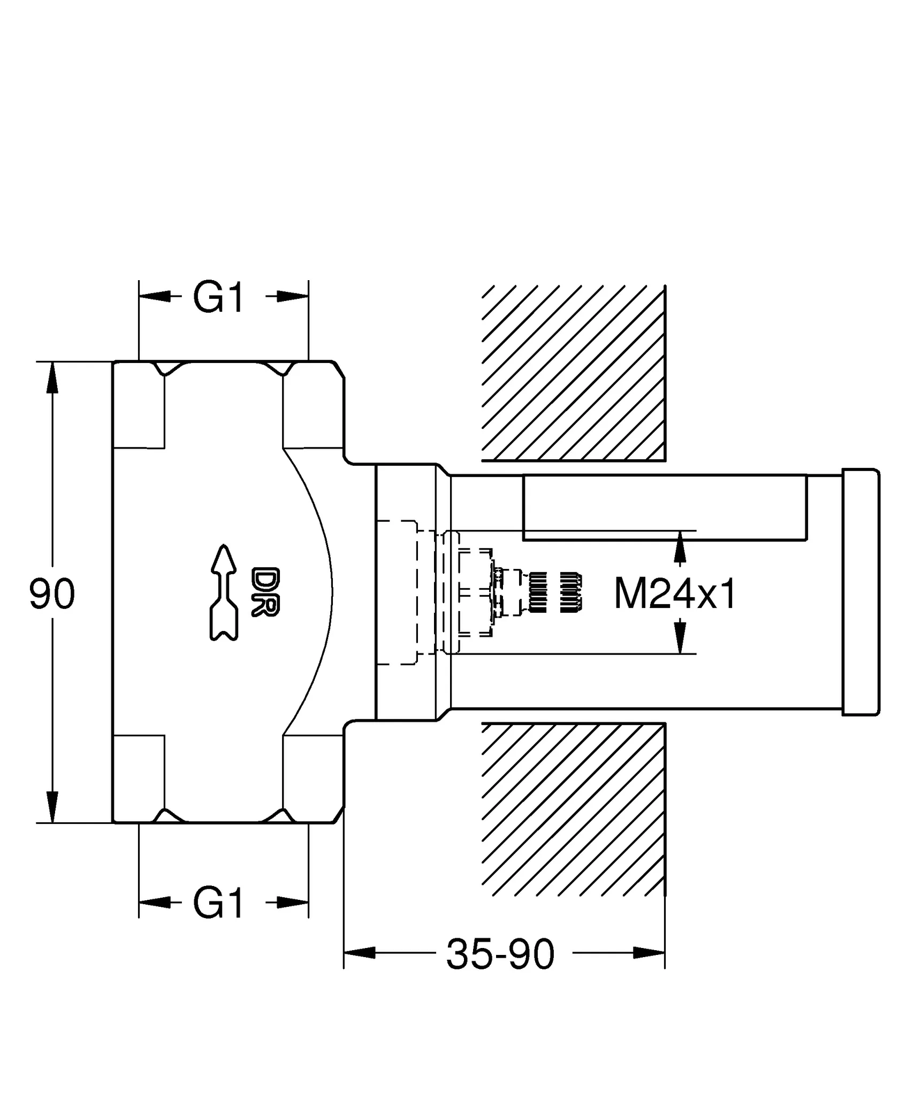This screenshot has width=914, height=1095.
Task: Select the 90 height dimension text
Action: pos(52,594)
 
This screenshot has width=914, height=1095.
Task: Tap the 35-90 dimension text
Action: pos(500,954)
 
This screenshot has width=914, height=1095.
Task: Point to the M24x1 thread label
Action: pos(675,594)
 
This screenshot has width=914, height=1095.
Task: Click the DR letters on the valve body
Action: pos(265,592)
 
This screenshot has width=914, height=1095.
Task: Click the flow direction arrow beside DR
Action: pos(223,592)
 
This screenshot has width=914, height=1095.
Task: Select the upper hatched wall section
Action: pos(573,373)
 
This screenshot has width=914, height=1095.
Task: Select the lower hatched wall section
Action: pos(573,809)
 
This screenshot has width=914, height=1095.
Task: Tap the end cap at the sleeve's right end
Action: pos(860,592)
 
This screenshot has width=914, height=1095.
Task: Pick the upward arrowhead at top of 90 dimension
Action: pos(52,377)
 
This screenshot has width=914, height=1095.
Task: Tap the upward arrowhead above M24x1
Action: pos(680,546)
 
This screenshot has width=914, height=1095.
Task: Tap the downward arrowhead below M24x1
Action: pos(680,637)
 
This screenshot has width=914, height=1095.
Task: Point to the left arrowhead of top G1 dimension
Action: pos(154,297)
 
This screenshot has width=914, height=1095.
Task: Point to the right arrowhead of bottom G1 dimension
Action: pos(293,903)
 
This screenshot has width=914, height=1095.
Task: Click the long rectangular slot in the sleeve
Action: pos(664,507)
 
